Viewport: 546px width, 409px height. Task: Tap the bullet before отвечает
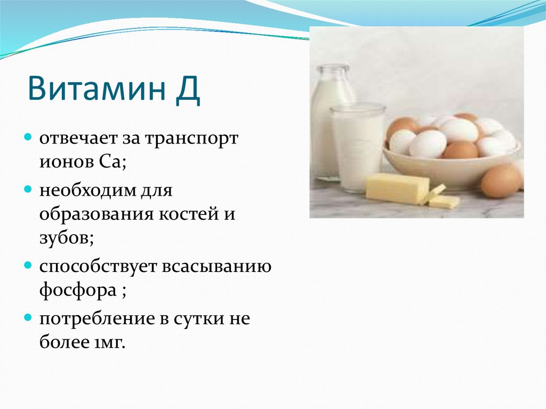click(x=28, y=137)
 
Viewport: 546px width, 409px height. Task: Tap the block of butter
click(x=398, y=188)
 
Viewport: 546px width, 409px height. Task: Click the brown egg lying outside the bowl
click(x=501, y=181)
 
